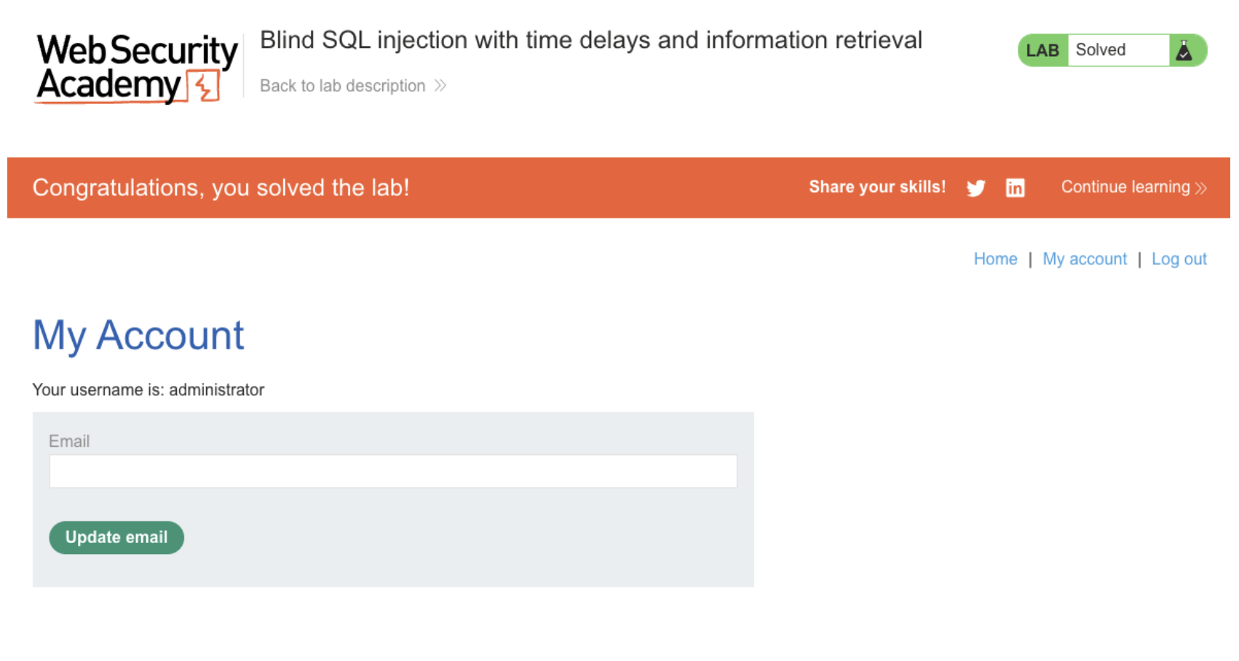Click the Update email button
pyautogui.click(x=116, y=537)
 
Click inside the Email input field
pyautogui.click(x=392, y=471)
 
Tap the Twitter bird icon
pyautogui.click(x=975, y=188)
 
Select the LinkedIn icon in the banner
pyautogui.click(x=1015, y=188)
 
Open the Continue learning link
pyautogui.click(x=1133, y=188)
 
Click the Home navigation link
pyautogui.click(x=995, y=259)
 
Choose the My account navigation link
pyautogui.click(x=1085, y=259)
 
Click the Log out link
pyautogui.click(x=1179, y=259)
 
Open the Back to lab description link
pyautogui.click(x=353, y=86)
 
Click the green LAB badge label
pyautogui.click(x=1042, y=50)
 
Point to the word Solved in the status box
pyautogui.click(x=1100, y=50)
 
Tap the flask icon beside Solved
pyautogui.click(x=1184, y=50)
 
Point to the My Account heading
pyautogui.click(x=138, y=335)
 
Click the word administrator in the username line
pyautogui.click(x=216, y=390)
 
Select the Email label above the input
pyautogui.click(x=69, y=441)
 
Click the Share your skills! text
pyautogui.click(x=877, y=188)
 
